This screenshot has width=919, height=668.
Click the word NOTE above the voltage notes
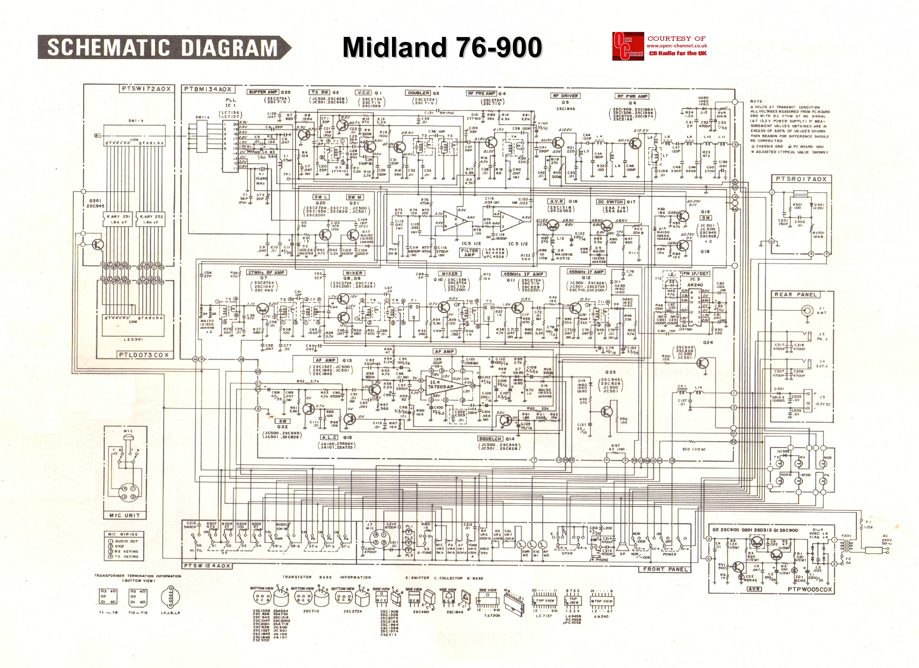[757, 101]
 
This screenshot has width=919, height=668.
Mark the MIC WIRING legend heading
[123, 534]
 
